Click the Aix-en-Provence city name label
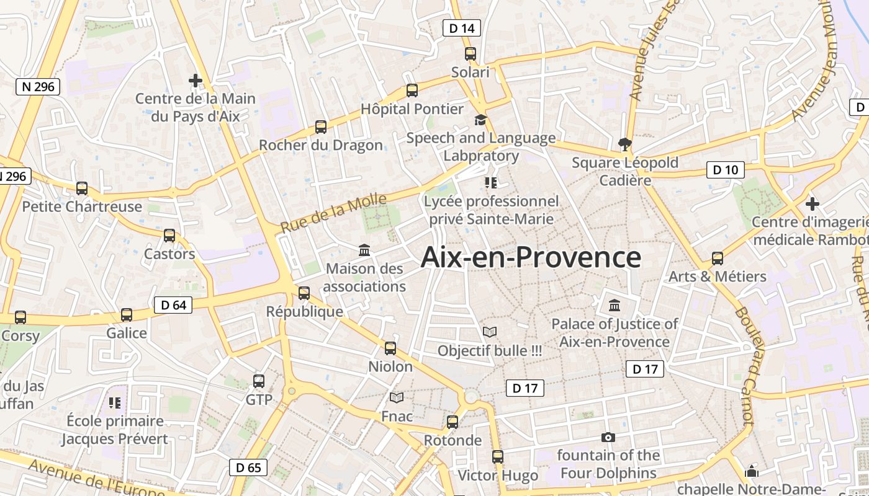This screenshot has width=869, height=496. (531, 257)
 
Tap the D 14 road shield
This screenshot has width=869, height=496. (462, 28)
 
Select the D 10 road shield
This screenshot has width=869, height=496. (725, 170)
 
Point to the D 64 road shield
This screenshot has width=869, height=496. (173, 304)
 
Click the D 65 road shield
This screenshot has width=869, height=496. (249, 467)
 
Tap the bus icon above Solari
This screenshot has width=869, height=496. (471, 54)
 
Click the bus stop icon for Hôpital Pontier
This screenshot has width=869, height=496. (412, 91)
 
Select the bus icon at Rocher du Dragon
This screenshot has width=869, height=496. (321, 127)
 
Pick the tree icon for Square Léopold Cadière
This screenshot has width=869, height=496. (624, 144)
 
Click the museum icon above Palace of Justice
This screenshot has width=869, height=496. (615, 305)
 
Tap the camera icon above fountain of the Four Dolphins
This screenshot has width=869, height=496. (608, 437)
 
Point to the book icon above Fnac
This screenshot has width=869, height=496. (397, 397)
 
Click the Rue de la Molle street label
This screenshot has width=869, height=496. (333, 213)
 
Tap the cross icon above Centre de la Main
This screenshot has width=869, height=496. (196, 81)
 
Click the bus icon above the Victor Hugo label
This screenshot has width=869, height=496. (498, 457)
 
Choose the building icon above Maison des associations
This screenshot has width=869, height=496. (364, 250)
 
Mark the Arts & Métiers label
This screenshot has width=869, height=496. (717, 277)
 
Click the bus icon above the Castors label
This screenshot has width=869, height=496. (169, 236)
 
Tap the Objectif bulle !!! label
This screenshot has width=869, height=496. (490, 351)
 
